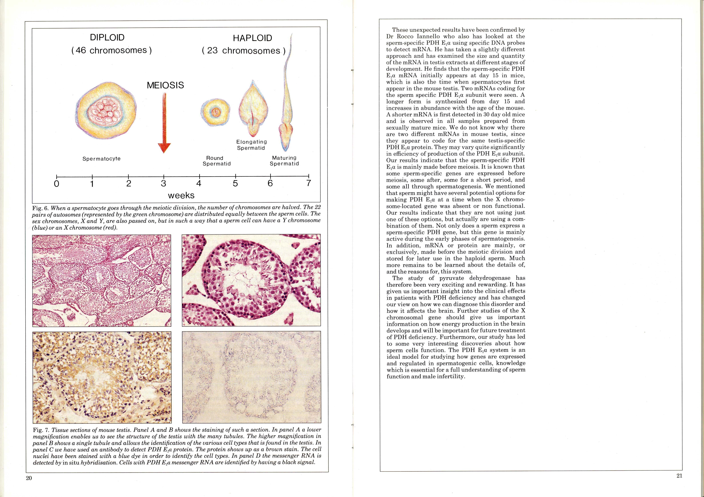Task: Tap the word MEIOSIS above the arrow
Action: pos(165,85)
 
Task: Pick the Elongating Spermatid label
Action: pos(251,145)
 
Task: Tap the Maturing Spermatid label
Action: pos(284,161)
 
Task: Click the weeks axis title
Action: pos(181,195)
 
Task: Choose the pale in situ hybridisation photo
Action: pos(251,377)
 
